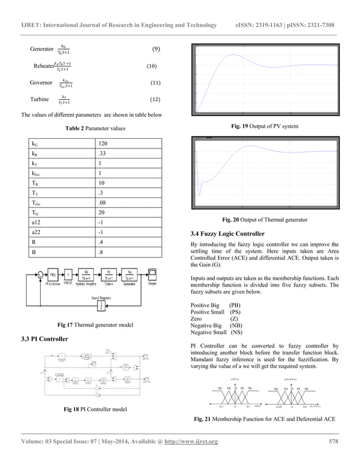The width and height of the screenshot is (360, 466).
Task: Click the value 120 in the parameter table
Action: pos(102,144)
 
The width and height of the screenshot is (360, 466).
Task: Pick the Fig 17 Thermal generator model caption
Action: pos(91,325)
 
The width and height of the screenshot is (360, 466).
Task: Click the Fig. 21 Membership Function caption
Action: pos(264,420)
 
